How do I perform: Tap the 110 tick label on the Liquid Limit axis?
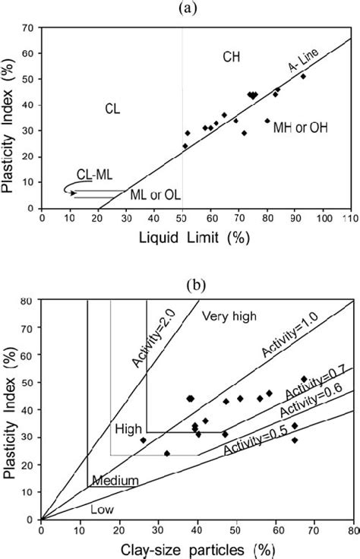point(349,219)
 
